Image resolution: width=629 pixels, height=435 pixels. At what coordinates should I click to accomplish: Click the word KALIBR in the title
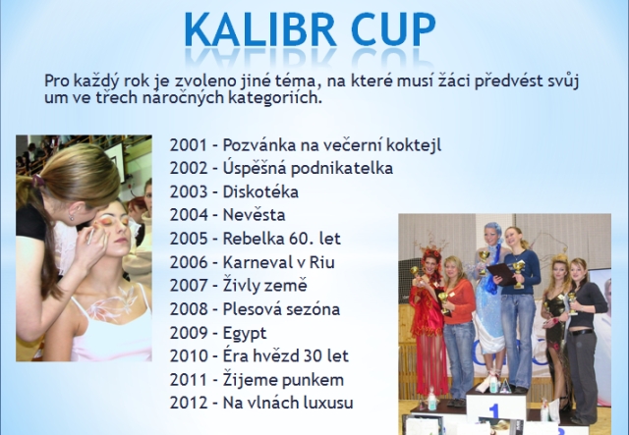click(x=260, y=29)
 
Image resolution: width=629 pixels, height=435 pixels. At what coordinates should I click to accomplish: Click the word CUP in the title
click(x=393, y=29)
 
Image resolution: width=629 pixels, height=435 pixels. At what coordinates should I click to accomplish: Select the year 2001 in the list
click(x=189, y=145)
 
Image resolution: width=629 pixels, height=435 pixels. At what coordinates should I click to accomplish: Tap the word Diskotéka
click(x=260, y=192)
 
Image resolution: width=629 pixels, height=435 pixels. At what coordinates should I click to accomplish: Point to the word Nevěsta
click(x=254, y=215)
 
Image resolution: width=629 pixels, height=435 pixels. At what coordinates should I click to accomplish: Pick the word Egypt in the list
click(x=245, y=334)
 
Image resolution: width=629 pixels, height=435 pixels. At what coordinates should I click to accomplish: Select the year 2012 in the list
click(x=189, y=403)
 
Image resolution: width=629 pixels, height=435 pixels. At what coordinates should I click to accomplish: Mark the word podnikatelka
click(x=342, y=168)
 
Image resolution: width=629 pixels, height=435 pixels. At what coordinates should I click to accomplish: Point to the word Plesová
click(x=249, y=309)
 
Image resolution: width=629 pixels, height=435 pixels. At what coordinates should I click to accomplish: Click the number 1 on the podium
click(x=493, y=412)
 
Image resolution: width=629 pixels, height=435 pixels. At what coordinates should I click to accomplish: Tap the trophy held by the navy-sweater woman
click(x=519, y=273)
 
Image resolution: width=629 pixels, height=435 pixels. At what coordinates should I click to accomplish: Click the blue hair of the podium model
click(x=492, y=230)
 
